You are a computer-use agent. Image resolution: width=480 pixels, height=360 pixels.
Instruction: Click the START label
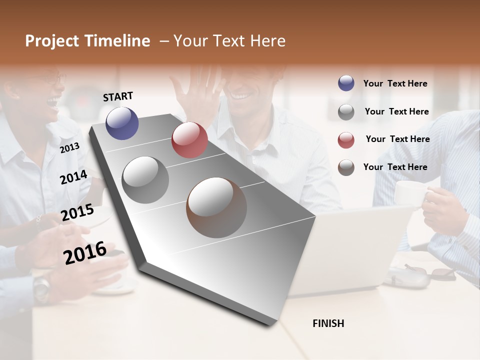click(118, 96)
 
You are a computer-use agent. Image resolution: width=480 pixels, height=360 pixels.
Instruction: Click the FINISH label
click(328, 323)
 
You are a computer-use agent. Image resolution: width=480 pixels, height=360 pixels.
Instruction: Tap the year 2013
click(69, 148)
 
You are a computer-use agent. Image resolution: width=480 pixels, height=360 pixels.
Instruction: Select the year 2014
click(73, 177)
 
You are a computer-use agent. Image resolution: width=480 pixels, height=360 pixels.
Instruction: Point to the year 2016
click(85, 253)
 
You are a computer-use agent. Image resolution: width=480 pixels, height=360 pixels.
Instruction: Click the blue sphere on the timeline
click(122, 123)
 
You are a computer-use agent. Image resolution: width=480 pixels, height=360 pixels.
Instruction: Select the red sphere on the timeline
click(189, 140)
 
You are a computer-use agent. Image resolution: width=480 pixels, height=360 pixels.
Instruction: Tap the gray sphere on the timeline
click(145, 179)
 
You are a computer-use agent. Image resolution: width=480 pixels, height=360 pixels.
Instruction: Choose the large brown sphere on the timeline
click(216, 207)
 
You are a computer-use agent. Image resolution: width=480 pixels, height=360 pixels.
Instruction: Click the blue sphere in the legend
click(346, 83)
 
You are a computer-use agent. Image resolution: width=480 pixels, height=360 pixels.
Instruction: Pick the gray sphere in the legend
click(346, 112)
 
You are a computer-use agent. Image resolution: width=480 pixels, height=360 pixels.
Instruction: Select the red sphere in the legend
click(346, 140)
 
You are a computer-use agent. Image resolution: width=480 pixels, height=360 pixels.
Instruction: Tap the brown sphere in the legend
click(346, 167)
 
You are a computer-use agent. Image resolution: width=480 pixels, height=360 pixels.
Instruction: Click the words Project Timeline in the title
click(87, 41)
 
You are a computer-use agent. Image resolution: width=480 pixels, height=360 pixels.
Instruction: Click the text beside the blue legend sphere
click(395, 84)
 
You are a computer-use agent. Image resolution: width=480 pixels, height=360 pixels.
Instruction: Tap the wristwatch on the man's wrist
click(42, 287)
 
